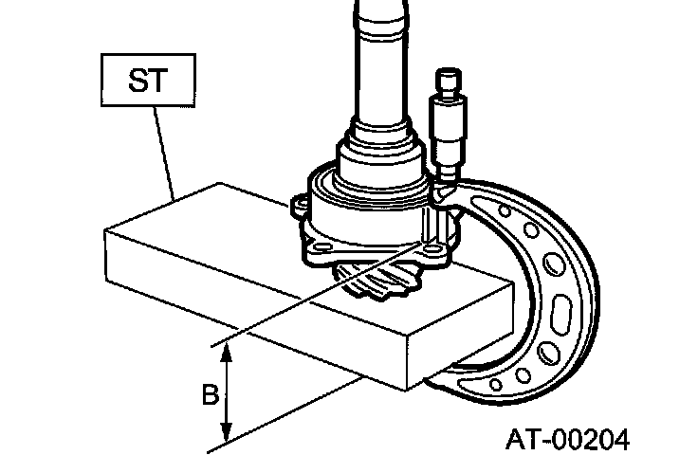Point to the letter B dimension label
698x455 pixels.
(210, 393)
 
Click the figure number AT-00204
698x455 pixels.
(567, 439)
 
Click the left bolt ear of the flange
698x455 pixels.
(297, 204)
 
